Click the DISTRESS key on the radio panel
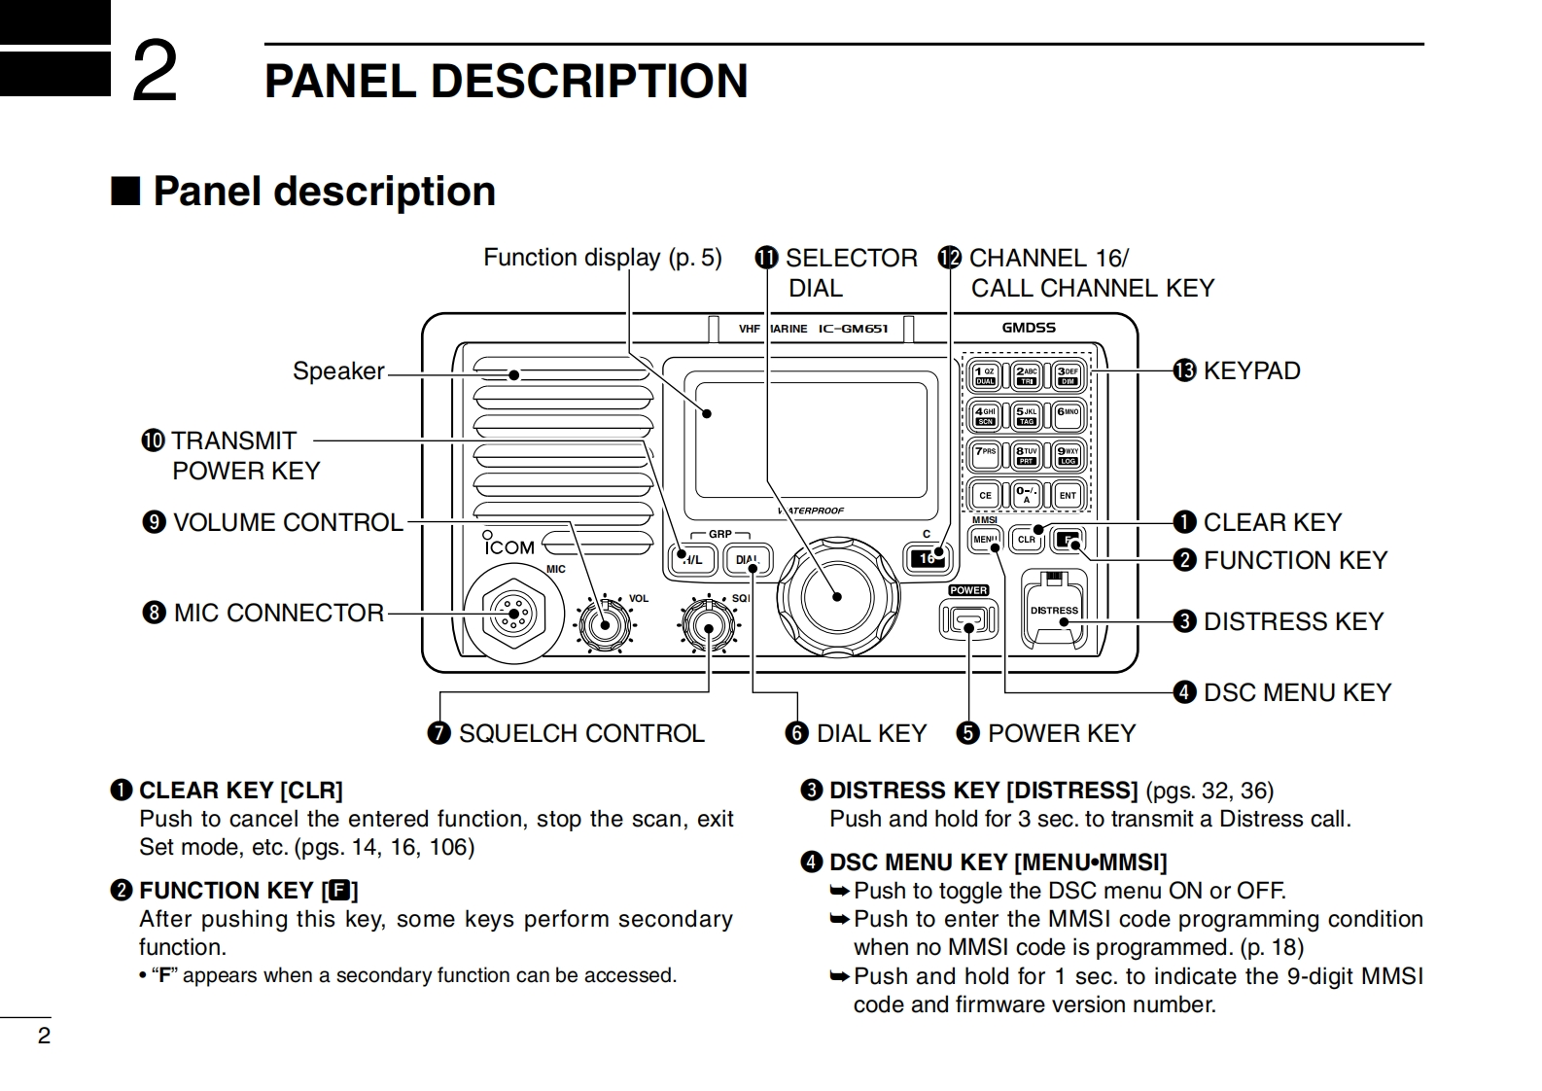[x=1054, y=611]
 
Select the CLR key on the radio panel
[x=1027, y=539]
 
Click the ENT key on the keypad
[x=1068, y=495]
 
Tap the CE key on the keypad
[x=985, y=495]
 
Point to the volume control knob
[x=604, y=624]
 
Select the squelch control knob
[x=708, y=627]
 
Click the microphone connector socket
[x=511, y=613]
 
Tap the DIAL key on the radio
[x=747, y=560]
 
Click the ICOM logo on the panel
[x=509, y=547]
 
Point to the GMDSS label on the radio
[x=1029, y=328]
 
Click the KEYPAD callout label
[x=1250, y=370]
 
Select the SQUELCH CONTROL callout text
[x=580, y=733]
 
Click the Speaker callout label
[x=338, y=370]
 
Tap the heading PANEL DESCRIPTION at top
[x=506, y=81]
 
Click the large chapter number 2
[x=155, y=70]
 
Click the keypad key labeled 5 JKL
[x=1027, y=415]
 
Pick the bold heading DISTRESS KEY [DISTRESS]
[x=982, y=790]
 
